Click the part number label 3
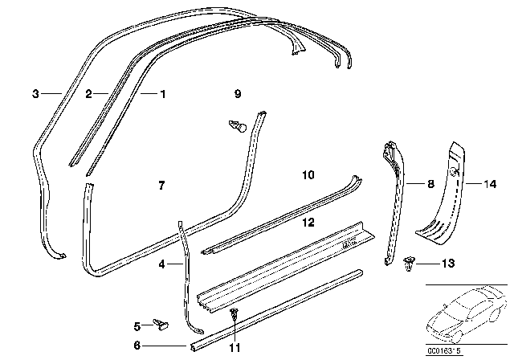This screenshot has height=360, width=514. pos(35,94)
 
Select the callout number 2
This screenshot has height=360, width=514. pos(90,94)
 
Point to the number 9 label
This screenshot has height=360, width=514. pos(238,94)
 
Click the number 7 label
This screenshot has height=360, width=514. pos(161,186)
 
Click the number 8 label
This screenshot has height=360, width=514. pos(430,184)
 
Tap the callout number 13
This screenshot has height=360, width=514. pos(448,264)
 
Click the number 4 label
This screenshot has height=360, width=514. pos(161,264)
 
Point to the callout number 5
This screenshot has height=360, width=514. pos(136,325)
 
